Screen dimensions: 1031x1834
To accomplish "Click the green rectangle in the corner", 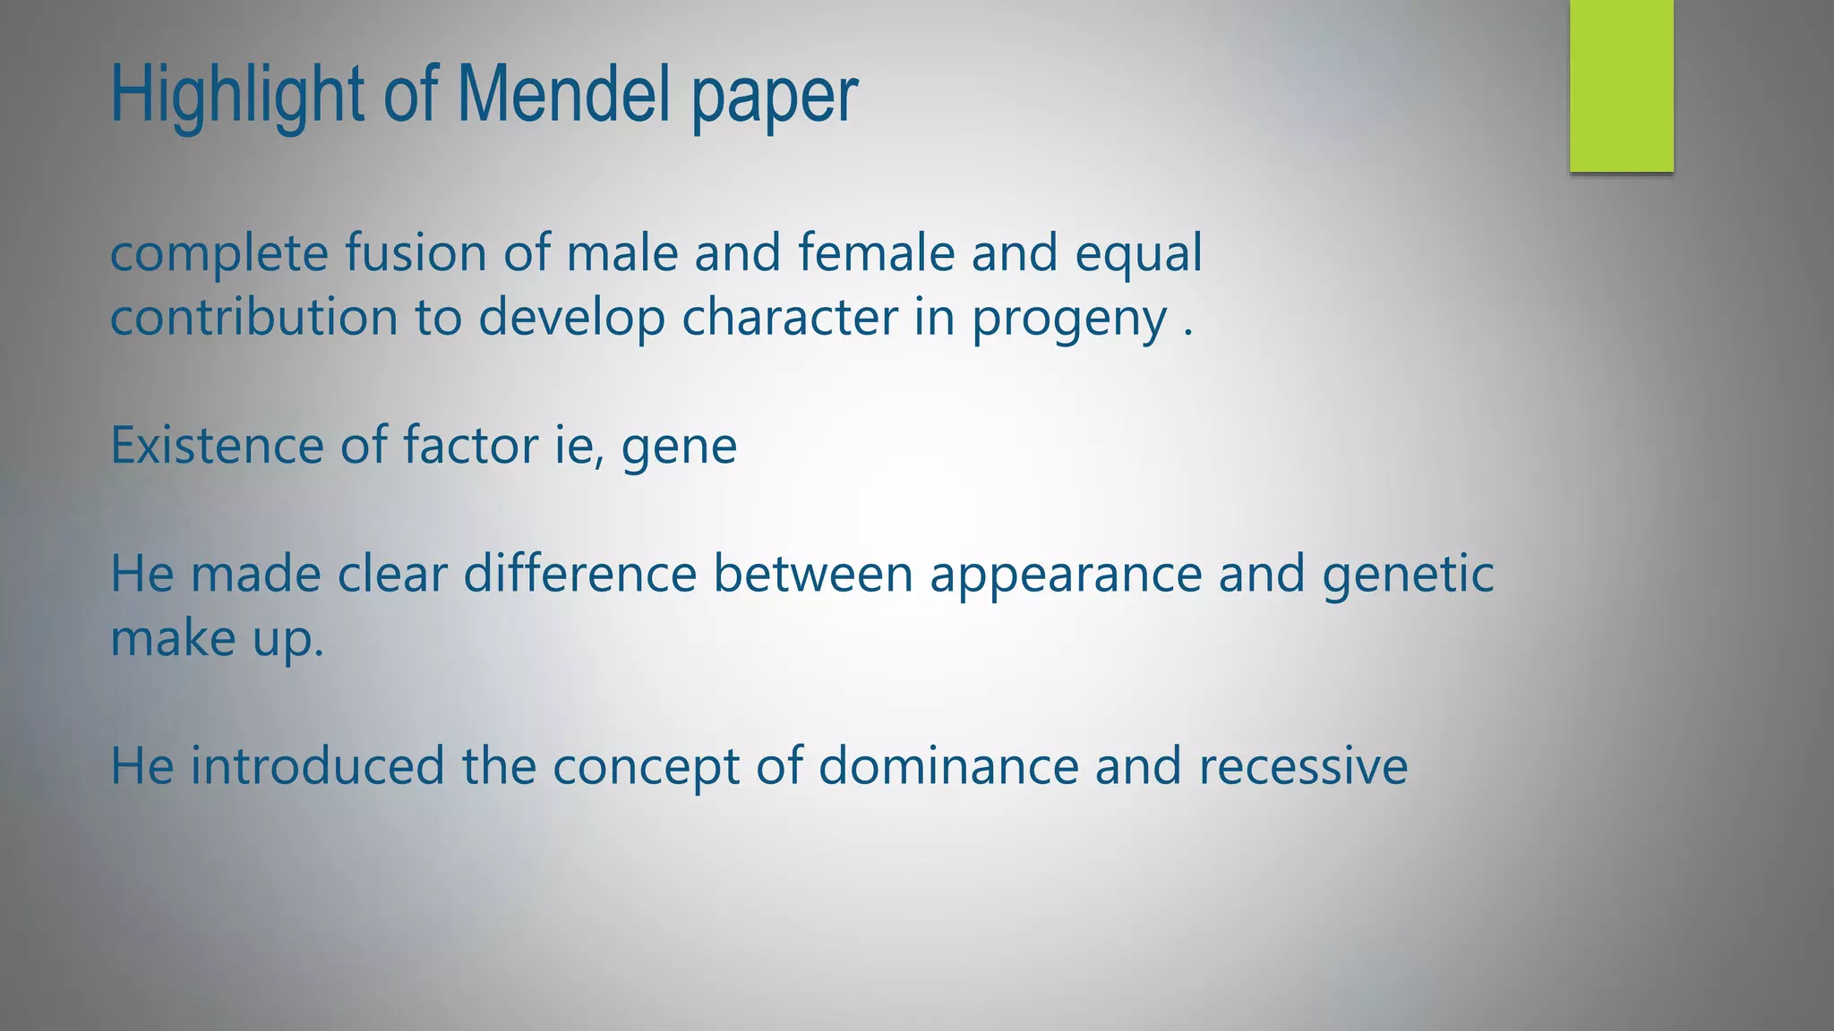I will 1621,86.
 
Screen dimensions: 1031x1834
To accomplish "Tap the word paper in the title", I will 775,97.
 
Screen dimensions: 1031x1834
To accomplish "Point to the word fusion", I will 416,252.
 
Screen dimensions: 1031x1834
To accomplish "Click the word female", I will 876,252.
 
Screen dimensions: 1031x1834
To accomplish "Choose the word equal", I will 1138,254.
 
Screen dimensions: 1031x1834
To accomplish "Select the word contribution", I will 253,318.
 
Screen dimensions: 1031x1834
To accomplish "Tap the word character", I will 789,318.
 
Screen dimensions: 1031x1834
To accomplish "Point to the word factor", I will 470,445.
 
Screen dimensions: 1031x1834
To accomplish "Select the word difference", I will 579,574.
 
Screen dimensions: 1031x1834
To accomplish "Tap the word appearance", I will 1066,575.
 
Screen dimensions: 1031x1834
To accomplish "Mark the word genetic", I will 1408,575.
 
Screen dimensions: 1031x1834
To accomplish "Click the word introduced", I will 317,766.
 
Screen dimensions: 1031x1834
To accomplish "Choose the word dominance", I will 948,766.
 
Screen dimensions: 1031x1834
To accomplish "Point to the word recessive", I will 1303,768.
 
